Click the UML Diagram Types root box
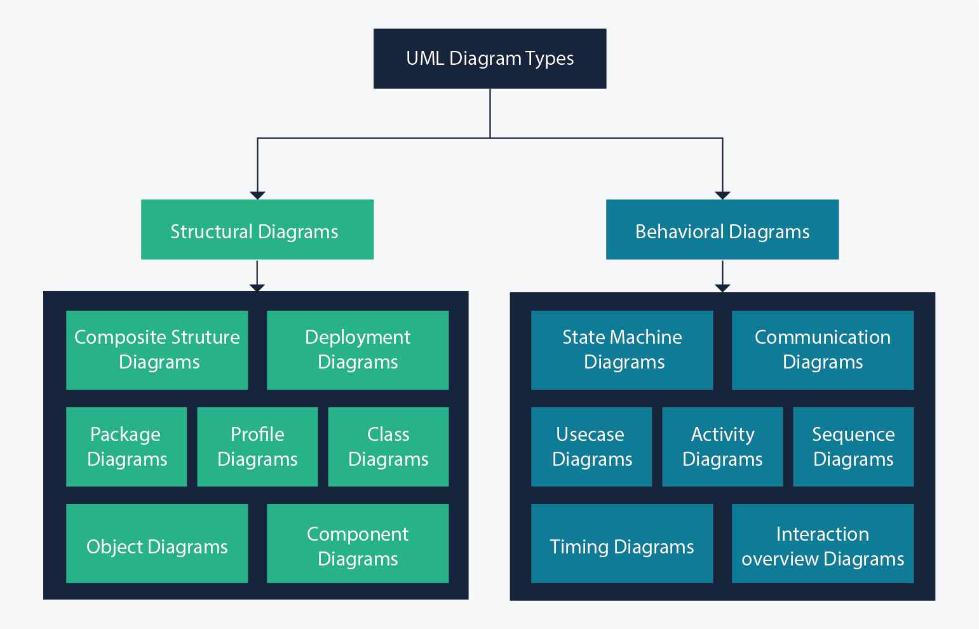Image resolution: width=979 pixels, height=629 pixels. tap(489, 58)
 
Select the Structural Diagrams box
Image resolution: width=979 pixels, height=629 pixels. tap(257, 229)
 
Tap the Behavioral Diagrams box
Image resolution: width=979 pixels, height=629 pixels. tap(722, 229)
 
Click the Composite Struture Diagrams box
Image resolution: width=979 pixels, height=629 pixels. tap(157, 350)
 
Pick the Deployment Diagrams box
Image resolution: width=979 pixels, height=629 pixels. tap(358, 350)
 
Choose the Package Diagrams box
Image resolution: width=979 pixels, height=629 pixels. tap(126, 447)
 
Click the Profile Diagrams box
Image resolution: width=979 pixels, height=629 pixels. tap(257, 447)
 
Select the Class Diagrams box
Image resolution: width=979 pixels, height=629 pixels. tap(388, 447)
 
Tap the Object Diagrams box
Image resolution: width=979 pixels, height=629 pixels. tap(157, 543)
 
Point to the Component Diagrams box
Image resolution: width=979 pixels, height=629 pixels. tap(358, 543)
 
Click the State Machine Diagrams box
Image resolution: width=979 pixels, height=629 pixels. tap(622, 350)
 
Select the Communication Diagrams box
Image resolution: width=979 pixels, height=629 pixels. tap(823, 350)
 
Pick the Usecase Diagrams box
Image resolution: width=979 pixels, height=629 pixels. tap(591, 447)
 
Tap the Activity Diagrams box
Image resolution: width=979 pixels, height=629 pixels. tap(722, 447)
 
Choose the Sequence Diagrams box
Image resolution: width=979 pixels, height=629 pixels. tap(853, 447)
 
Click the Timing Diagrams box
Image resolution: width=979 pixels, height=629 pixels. tap(622, 543)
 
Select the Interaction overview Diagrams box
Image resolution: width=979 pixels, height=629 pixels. tap(823, 543)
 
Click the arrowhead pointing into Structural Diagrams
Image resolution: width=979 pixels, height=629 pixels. tap(257, 195)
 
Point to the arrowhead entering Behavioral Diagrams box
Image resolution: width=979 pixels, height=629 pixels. tap(722, 195)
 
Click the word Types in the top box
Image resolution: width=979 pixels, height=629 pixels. tap(550, 59)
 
